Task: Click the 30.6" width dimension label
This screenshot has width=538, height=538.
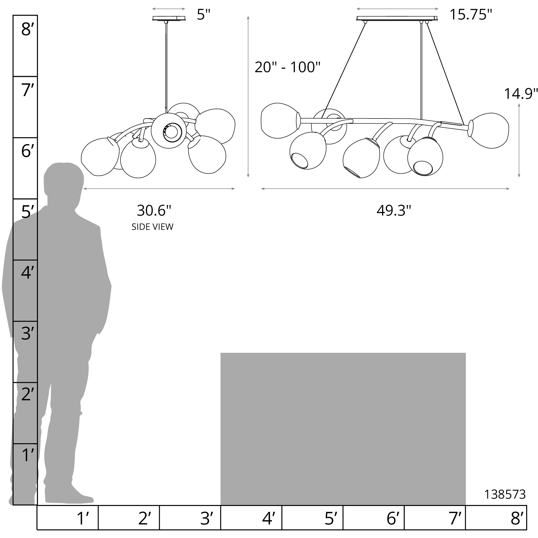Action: pyautogui.click(x=154, y=211)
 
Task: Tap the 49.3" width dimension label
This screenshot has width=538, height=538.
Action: pyautogui.click(x=394, y=211)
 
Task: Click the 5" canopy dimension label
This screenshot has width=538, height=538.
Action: pyautogui.click(x=203, y=15)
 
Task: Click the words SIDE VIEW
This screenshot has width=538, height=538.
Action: pyautogui.click(x=152, y=227)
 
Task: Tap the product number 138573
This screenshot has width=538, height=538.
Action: pyautogui.click(x=505, y=495)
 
